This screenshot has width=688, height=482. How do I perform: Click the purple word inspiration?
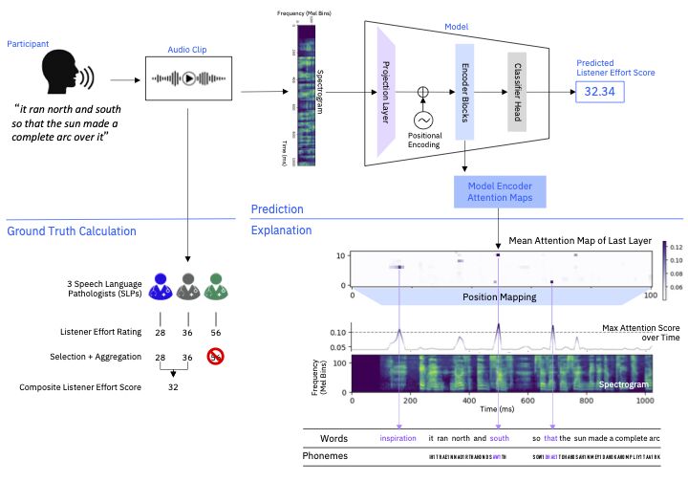[x=398, y=439]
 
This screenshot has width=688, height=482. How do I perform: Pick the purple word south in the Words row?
[x=500, y=439]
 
